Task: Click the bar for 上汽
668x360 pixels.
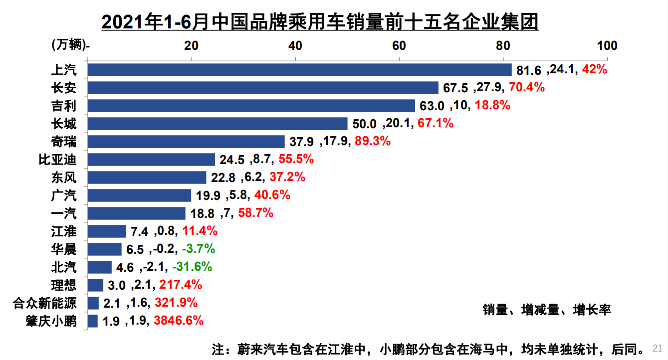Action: (x=299, y=70)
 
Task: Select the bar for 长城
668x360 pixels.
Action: (x=218, y=124)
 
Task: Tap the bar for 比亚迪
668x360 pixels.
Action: (x=151, y=160)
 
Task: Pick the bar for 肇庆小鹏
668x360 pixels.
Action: (x=93, y=321)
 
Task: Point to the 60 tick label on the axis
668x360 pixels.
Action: (x=399, y=46)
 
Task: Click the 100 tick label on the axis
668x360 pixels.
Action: (x=607, y=46)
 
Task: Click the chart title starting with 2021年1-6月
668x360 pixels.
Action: (x=319, y=22)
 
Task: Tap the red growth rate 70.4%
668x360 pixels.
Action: (x=526, y=88)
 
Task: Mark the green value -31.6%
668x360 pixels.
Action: (x=192, y=267)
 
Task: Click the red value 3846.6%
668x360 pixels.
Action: (x=179, y=321)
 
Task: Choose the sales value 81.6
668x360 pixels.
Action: (x=530, y=70)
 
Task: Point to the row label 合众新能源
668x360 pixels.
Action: (x=45, y=303)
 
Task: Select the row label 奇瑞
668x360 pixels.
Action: (x=64, y=142)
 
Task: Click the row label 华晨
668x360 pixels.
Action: (x=64, y=249)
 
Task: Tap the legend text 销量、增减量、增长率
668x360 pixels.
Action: (x=546, y=310)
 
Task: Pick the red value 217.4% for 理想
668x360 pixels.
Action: (x=181, y=285)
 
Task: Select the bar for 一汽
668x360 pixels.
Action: (x=136, y=213)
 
